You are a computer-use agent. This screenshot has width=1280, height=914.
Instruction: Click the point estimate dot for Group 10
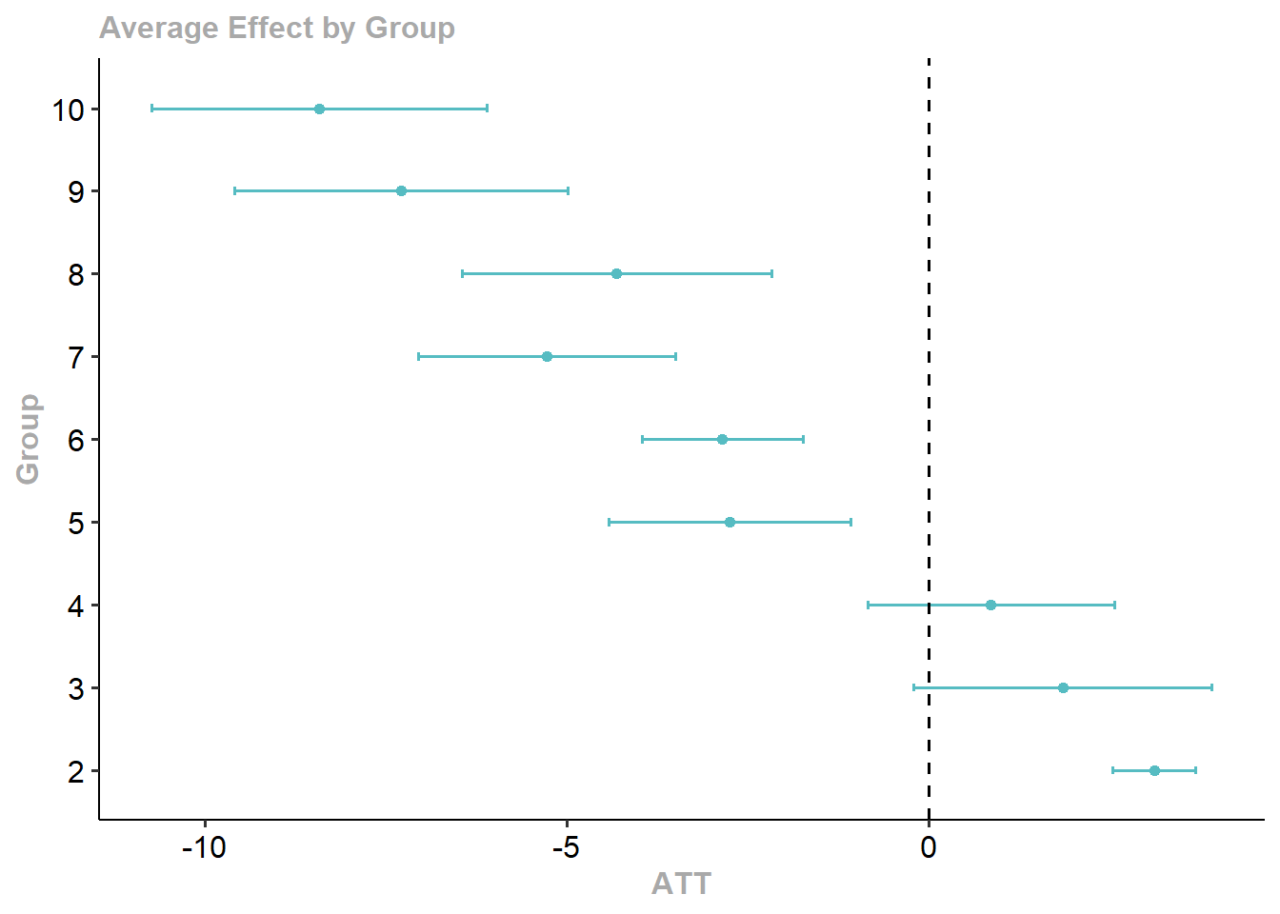click(319, 109)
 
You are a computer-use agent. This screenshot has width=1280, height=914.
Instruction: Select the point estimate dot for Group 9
click(401, 190)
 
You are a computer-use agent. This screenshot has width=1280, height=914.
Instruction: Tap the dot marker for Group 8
click(616, 273)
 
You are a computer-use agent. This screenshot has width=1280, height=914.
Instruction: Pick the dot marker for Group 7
click(547, 356)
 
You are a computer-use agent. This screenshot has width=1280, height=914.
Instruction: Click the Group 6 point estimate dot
click(722, 439)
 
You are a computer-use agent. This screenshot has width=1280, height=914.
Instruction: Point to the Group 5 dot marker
click(730, 522)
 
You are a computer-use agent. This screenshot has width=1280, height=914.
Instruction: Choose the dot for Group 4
click(990, 605)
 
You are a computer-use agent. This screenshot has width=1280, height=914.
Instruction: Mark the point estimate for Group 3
click(1063, 687)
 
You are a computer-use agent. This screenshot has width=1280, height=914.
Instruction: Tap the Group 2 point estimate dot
click(1154, 770)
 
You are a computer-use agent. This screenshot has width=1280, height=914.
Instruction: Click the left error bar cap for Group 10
click(151, 109)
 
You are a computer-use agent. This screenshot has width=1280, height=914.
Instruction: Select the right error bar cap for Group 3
click(1212, 687)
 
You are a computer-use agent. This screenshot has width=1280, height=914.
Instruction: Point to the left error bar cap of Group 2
click(1112, 770)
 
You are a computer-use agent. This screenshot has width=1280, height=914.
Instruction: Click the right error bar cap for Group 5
click(850, 522)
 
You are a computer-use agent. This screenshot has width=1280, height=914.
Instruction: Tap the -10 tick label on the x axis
click(204, 847)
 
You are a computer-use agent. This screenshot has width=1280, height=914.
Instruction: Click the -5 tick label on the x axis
click(567, 847)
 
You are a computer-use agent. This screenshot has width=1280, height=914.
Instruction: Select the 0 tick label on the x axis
click(929, 847)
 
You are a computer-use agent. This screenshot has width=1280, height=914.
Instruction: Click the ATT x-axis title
click(681, 884)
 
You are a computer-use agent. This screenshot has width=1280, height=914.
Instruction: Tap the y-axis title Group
click(28, 439)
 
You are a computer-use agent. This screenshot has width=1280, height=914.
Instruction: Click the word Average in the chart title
click(159, 28)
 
